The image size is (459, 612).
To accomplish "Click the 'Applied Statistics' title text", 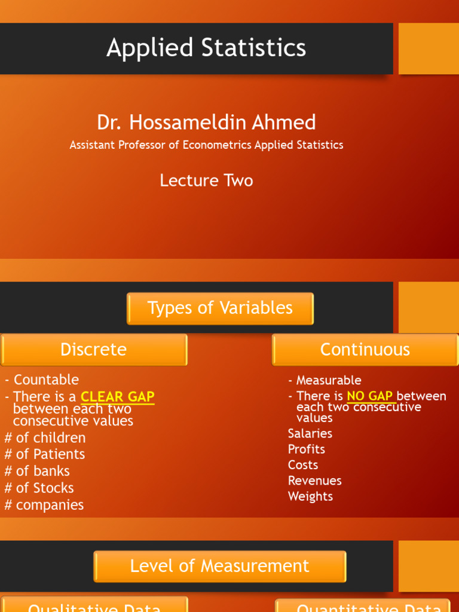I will click(206, 48).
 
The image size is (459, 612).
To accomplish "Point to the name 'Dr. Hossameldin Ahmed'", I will click(206, 123).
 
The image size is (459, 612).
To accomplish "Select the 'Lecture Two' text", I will click(206, 180).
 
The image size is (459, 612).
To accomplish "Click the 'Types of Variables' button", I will click(220, 308).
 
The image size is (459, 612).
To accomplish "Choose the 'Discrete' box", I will click(94, 350).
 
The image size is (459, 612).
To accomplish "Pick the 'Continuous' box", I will click(365, 350).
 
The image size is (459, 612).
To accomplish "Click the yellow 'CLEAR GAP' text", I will click(118, 397).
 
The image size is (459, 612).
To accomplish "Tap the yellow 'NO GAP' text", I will click(369, 396).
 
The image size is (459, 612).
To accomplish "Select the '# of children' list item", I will click(45, 437).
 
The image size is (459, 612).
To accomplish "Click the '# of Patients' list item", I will click(45, 454).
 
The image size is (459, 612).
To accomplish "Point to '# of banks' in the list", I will click(37, 471).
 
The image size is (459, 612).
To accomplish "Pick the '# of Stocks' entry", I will click(39, 488).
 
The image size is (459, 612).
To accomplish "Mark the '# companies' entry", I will click(44, 505).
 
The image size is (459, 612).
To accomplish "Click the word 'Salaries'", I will click(310, 433).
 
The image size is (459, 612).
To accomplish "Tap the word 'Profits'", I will click(306, 449).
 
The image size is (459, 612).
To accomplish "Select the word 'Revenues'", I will click(314, 481).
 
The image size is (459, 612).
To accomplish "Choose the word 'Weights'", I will click(310, 496).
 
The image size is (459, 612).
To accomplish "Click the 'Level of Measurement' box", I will click(220, 566).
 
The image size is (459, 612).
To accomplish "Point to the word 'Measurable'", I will click(329, 380).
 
